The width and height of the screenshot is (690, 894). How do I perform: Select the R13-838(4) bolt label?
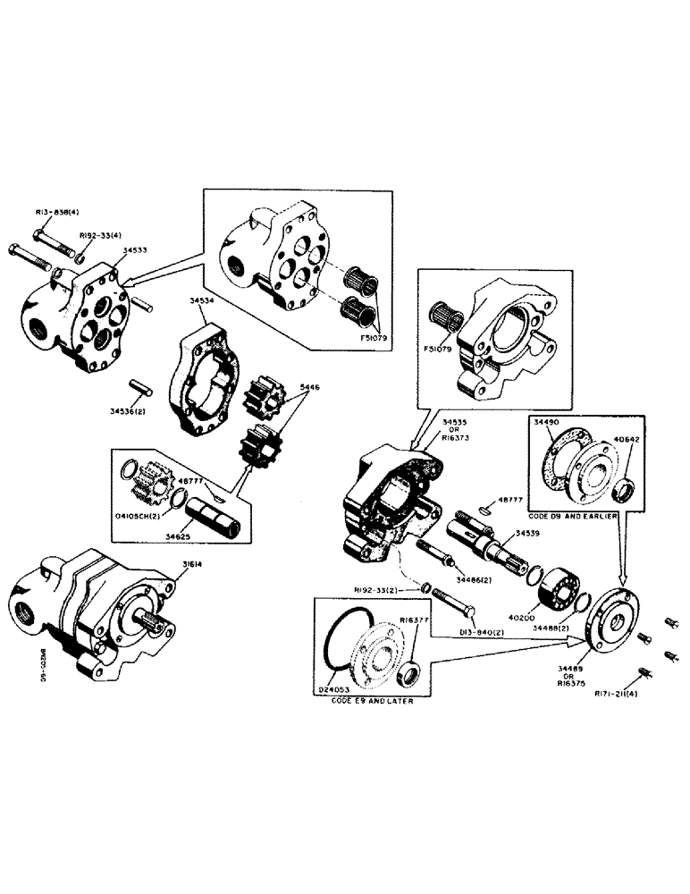click(x=57, y=212)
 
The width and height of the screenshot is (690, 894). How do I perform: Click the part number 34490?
click(x=547, y=420)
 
